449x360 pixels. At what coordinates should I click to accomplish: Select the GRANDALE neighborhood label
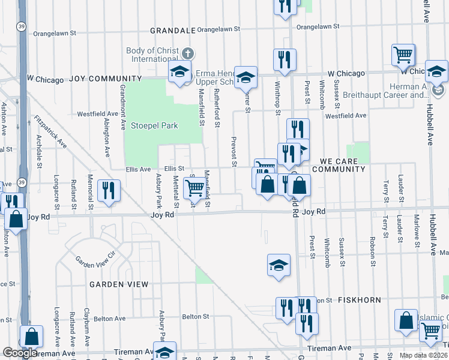pyautogui.click(x=172, y=29)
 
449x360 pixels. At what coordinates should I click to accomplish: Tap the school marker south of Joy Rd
pyautogui.click(x=279, y=265)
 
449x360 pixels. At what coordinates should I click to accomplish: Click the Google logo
pyautogui.click(x=20, y=353)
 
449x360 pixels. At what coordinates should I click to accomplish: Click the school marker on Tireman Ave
pyautogui.click(x=164, y=352)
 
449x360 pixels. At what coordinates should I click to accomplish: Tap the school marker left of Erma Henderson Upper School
pyautogui.click(x=179, y=72)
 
